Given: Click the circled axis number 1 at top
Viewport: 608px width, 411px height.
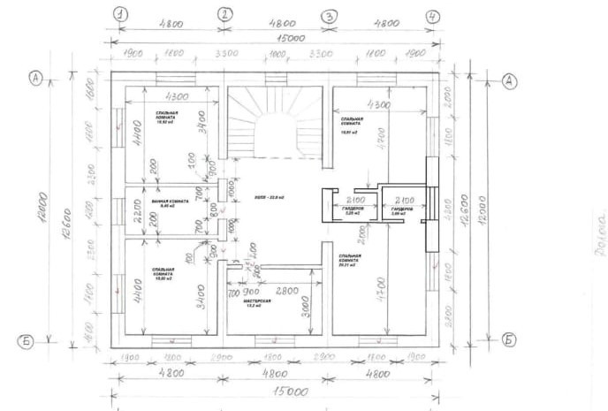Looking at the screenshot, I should coord(121,14).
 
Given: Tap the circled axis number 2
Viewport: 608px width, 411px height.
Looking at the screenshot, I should coord(224,14).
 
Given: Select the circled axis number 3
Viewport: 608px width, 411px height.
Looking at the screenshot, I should coord(329,16).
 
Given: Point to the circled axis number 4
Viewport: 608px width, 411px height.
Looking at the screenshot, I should coord(432,16).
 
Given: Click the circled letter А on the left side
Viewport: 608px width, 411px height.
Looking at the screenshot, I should coord(36,78).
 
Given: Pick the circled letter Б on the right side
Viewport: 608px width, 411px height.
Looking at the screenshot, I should coord(509,339).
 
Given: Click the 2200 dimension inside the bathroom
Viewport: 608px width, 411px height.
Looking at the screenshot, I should coord(139,210).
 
